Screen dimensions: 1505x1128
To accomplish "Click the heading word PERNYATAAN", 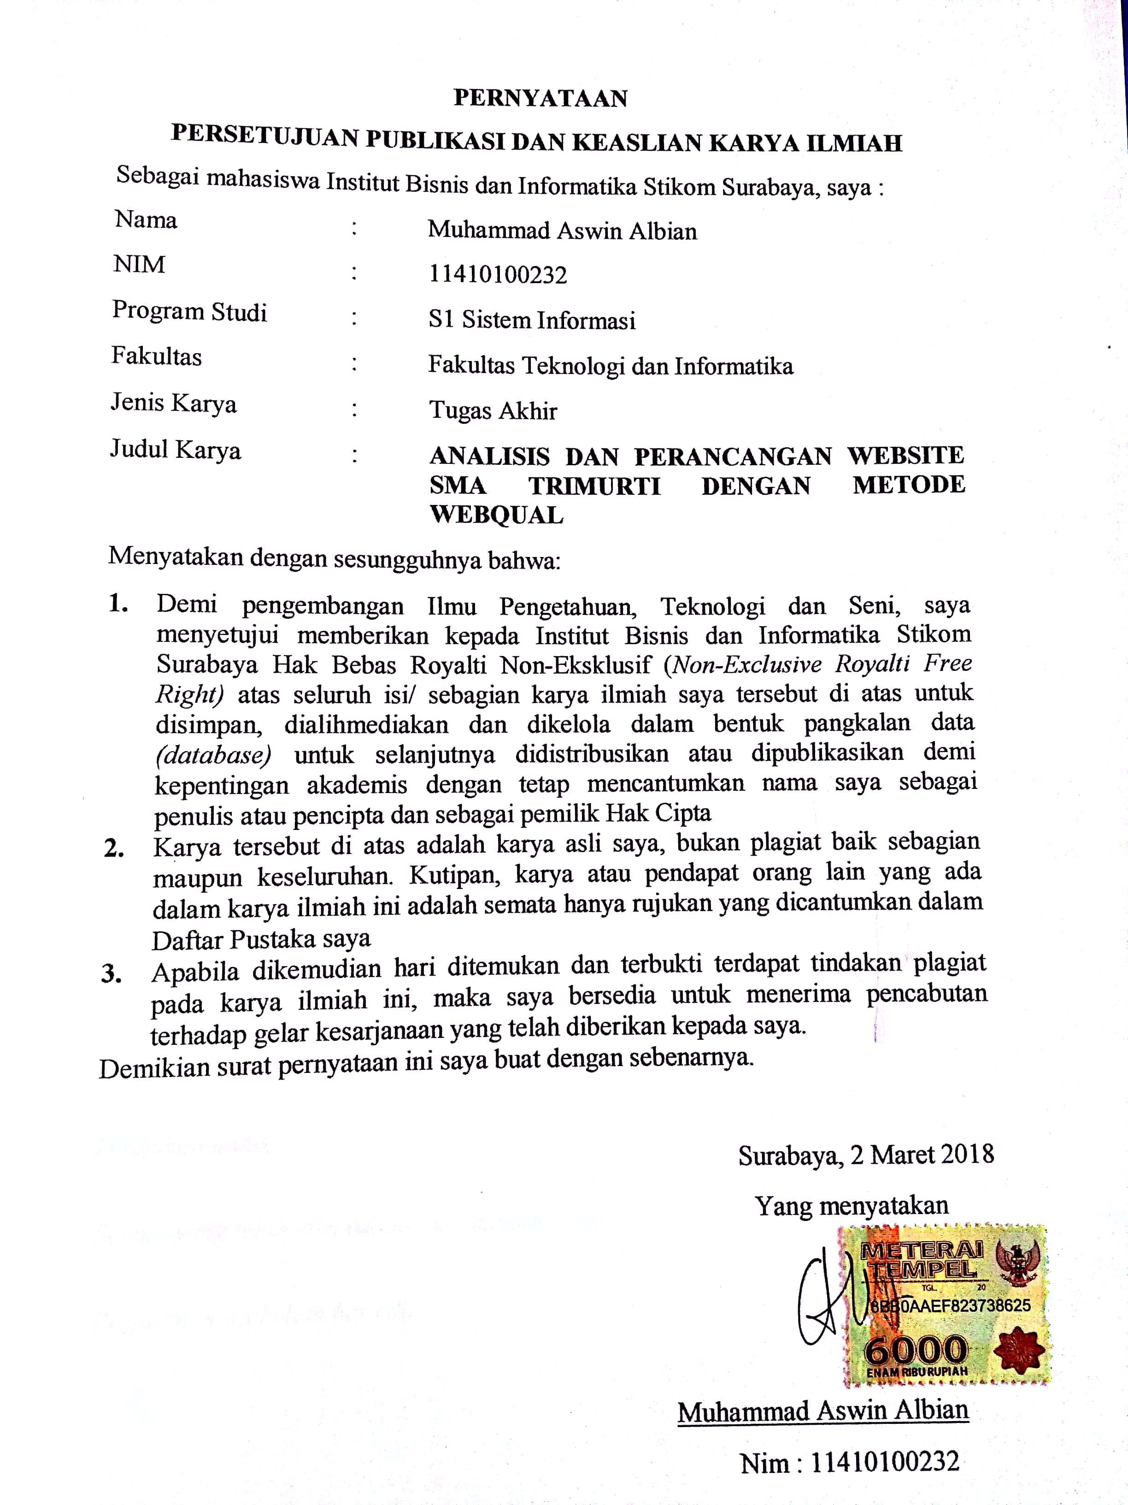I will tap(540, 99).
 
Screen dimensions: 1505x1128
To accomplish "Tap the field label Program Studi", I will tap(189, 312).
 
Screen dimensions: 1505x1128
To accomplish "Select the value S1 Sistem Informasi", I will tap(532, 320).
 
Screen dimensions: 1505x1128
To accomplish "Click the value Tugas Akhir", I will tap(493, 411).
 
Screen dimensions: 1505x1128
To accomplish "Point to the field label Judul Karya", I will tap(176, 450).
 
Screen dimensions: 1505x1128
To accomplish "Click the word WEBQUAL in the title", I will tap(496, 515).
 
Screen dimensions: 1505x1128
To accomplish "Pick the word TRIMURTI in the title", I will tap(594, 486).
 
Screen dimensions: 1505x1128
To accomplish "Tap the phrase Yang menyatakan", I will tap(851, 1206).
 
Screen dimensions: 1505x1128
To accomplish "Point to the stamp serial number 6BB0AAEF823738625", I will tap(950, 1305).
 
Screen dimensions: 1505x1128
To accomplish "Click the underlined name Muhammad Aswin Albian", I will tap(822, 1411).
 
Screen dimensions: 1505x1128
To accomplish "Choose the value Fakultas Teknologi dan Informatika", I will tap(611, 366).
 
